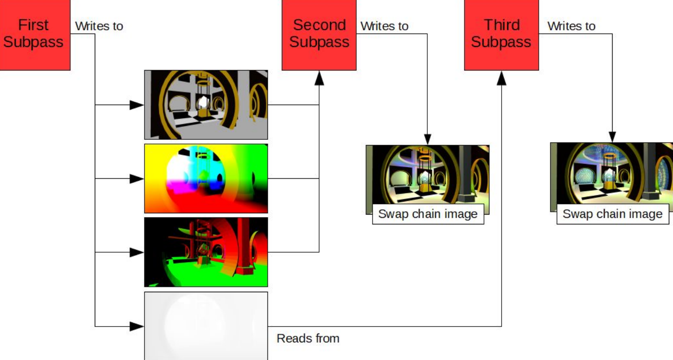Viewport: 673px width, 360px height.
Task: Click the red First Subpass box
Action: click(x=34, y=33)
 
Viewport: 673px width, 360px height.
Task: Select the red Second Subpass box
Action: click(x=319, y=33)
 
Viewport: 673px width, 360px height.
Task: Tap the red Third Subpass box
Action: click(x=501, y=33)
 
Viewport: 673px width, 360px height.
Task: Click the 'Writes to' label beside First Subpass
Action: click(x=99, y=26)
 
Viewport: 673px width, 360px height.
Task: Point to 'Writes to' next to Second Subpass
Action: click(x=384, y=26)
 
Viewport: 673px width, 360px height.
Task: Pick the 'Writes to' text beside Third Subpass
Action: click(x=571, y=26)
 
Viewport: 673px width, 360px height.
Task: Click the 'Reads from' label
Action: click(x=308, y=338)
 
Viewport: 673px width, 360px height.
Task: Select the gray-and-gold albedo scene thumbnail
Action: click(x=206, y=105)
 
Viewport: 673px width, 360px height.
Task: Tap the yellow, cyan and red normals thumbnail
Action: click(x=206, y=178)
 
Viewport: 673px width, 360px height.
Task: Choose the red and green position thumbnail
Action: click(x=206, y=252)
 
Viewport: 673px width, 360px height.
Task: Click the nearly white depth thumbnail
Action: click(x=206, y=326)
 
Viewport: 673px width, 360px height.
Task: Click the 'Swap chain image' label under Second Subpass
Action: click(x=428, y=214)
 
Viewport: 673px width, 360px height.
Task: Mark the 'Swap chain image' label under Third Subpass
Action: click(x=612, y=214)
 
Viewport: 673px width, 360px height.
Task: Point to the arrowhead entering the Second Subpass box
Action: click(x=319, y=78)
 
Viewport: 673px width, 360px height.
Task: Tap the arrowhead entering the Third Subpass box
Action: click(x=501, y=78)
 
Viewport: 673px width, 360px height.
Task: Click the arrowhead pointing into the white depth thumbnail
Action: click(x=137, y=326)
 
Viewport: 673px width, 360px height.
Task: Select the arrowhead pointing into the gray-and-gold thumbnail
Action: click(x=137, y=105)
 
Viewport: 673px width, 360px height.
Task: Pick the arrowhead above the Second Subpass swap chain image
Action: click(x=427, y=138)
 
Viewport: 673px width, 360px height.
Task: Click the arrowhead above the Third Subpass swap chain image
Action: click(x=612, y=136)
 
